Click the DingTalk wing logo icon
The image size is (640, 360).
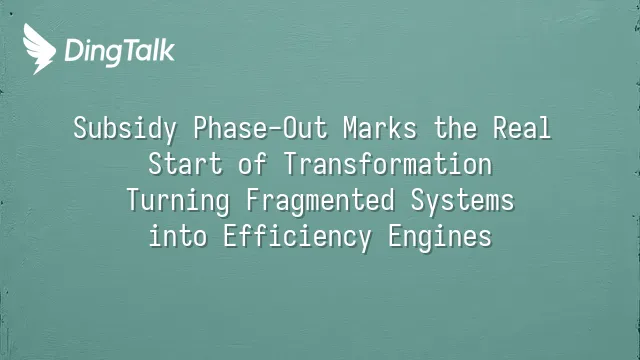(39, 49)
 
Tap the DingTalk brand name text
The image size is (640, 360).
(120, 52)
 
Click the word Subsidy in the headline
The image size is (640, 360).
(125, 129)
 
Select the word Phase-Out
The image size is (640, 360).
(260, 128)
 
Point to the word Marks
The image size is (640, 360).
(380, 128)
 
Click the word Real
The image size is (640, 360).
(522, 128)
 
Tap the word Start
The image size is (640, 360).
(185, 164)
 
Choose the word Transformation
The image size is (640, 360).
(388, 164)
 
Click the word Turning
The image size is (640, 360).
(178, 201)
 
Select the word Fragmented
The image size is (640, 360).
(320, 201)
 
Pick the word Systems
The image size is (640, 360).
(462, 201)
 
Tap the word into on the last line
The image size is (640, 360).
(178, 236)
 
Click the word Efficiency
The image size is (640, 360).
(298, 237)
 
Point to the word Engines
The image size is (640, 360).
(440, 237)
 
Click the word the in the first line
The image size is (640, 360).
(455, 128)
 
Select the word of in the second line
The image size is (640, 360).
(253, 164)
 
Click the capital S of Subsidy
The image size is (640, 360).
(81, 128)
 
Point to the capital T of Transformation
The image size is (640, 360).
(291, 164)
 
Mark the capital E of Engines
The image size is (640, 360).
(395, 237)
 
